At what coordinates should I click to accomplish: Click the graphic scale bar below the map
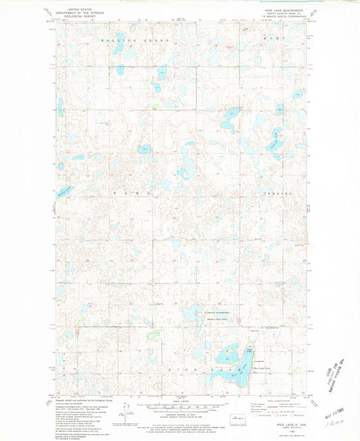180,409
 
